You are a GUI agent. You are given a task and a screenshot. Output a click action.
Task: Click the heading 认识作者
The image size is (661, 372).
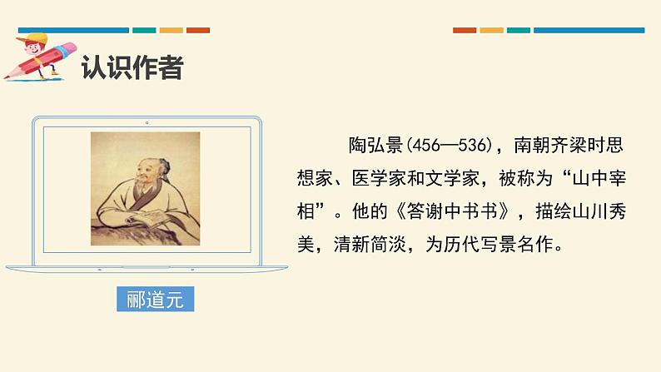[x=132, y=67]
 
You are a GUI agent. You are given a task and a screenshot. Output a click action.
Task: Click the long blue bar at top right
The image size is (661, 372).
[x=589, y=30]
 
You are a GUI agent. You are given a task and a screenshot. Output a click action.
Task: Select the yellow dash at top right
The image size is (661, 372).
[x=491, y=30]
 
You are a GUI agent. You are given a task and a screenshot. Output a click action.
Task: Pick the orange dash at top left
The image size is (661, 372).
[x=197, y=30]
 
